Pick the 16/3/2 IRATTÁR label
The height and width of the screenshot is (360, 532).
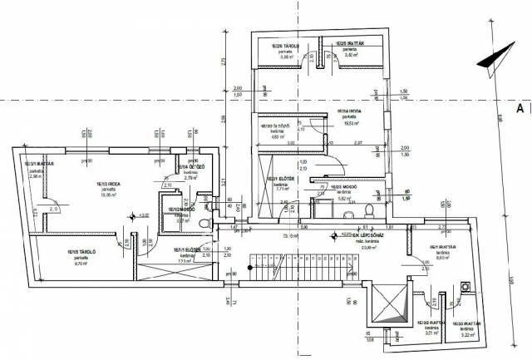coord(431,323)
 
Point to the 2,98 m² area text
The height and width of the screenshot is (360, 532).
coord(35,176)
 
